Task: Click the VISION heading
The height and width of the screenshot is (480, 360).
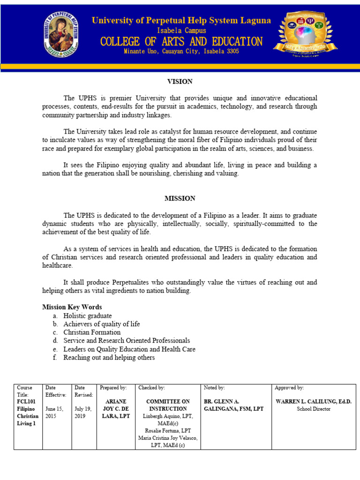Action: pyautogui.click(x=180, y=82)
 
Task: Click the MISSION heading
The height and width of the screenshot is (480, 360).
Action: pyautogui.click(x=180, y=198)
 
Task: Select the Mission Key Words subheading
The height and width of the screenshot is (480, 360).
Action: pyautogui.click(x=72, y=307)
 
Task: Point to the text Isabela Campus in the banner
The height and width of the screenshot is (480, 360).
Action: pyautogui.click(x=181, y=30)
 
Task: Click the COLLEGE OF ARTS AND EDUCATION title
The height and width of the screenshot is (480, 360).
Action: pyautogui.click(x=181, y=41)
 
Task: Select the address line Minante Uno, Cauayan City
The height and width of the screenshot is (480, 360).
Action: pyautogui.click(x=181, y=52)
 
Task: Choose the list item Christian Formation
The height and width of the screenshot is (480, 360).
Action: pyautogui.click(x=92, y=332)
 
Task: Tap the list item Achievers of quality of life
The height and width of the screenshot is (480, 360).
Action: pyautogui.click(x=102, y=324)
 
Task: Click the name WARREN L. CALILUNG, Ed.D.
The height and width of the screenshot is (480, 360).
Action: pyautogui.click(x=314, y=402)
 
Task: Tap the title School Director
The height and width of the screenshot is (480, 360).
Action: pyautogui.click(x=314, y=409)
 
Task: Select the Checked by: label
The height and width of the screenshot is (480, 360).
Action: pyautogui.click(x=151, y=388)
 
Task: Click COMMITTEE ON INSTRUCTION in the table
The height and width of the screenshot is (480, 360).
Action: pyautogui.click(x=168, y=405)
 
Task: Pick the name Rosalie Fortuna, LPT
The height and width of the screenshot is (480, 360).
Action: pyautogui.click(x=168, y=430)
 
